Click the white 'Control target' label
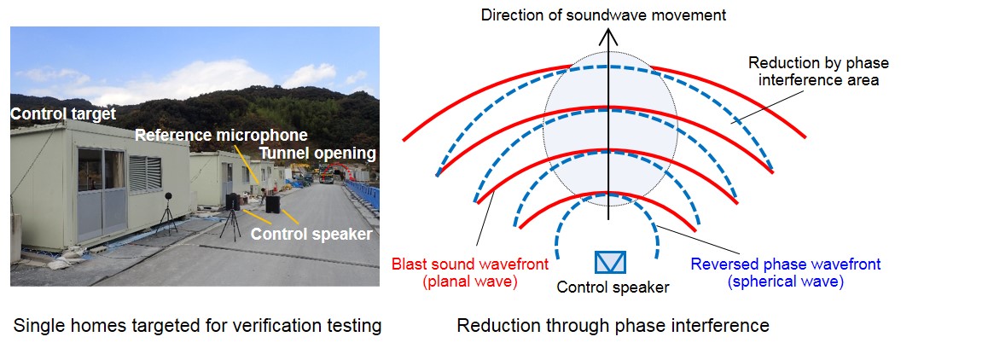coord(64,114)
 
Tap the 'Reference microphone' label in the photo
coord(221,135)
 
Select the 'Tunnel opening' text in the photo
coord(317,154)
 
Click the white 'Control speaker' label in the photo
coord(311,234)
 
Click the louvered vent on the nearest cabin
coord(145,173)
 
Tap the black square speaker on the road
coord(273,204)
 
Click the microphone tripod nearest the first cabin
coord(167,214)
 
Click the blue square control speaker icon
coord(610,262)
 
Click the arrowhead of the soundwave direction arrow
coord(608,39)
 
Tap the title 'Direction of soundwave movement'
coord(603,15)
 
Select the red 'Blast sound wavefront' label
coord(470,264)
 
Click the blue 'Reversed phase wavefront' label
coord(786,264)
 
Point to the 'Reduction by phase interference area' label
coord(818,72)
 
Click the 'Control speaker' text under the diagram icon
coord(613,287)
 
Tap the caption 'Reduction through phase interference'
coord(613,326)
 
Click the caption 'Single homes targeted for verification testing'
coord(197,326)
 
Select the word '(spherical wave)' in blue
coord(785,282)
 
